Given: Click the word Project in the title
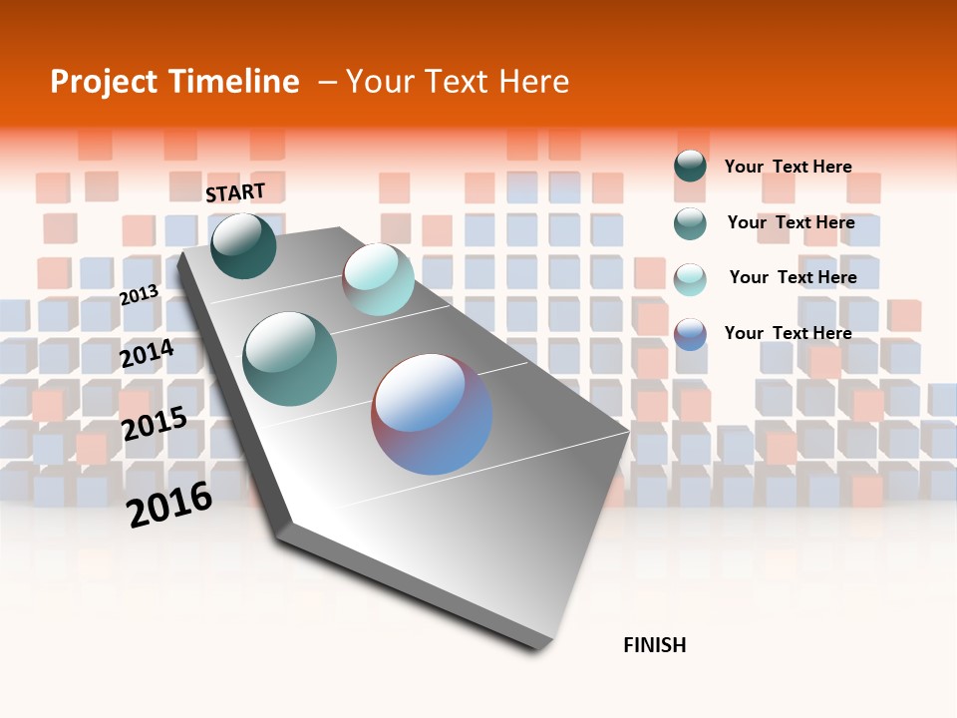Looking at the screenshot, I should click(x=101, y=82).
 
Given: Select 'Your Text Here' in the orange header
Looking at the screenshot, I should click(x=458, y=82).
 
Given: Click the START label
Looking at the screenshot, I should click(x=235, y=192).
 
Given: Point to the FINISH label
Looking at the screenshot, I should click(x=654, y=645).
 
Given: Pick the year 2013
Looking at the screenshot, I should click(x=139, y=295).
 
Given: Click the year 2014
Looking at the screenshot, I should click(x=147, y=353).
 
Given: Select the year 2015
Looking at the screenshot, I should click(x=154, y=424).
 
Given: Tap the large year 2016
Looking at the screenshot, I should click(x=169, y=504).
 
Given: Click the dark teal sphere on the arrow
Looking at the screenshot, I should click(x=243, y=245).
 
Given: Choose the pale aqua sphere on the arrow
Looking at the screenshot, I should click(x=378, y=279).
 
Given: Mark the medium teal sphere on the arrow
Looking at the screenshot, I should click(x=290, y=359).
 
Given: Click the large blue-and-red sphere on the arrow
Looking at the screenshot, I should click(x=431, y=414).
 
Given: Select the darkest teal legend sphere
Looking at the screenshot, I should click(x=690, y=167).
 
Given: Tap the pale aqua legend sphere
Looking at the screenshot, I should click(x=690, y=278).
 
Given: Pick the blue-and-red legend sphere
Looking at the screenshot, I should click(x=690, y=334).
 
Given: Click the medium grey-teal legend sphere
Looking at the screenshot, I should click(x=690, y=223).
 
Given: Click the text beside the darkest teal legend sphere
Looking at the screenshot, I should click(x=788, y=167).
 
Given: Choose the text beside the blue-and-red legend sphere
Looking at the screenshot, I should click(x=788, y=333).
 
